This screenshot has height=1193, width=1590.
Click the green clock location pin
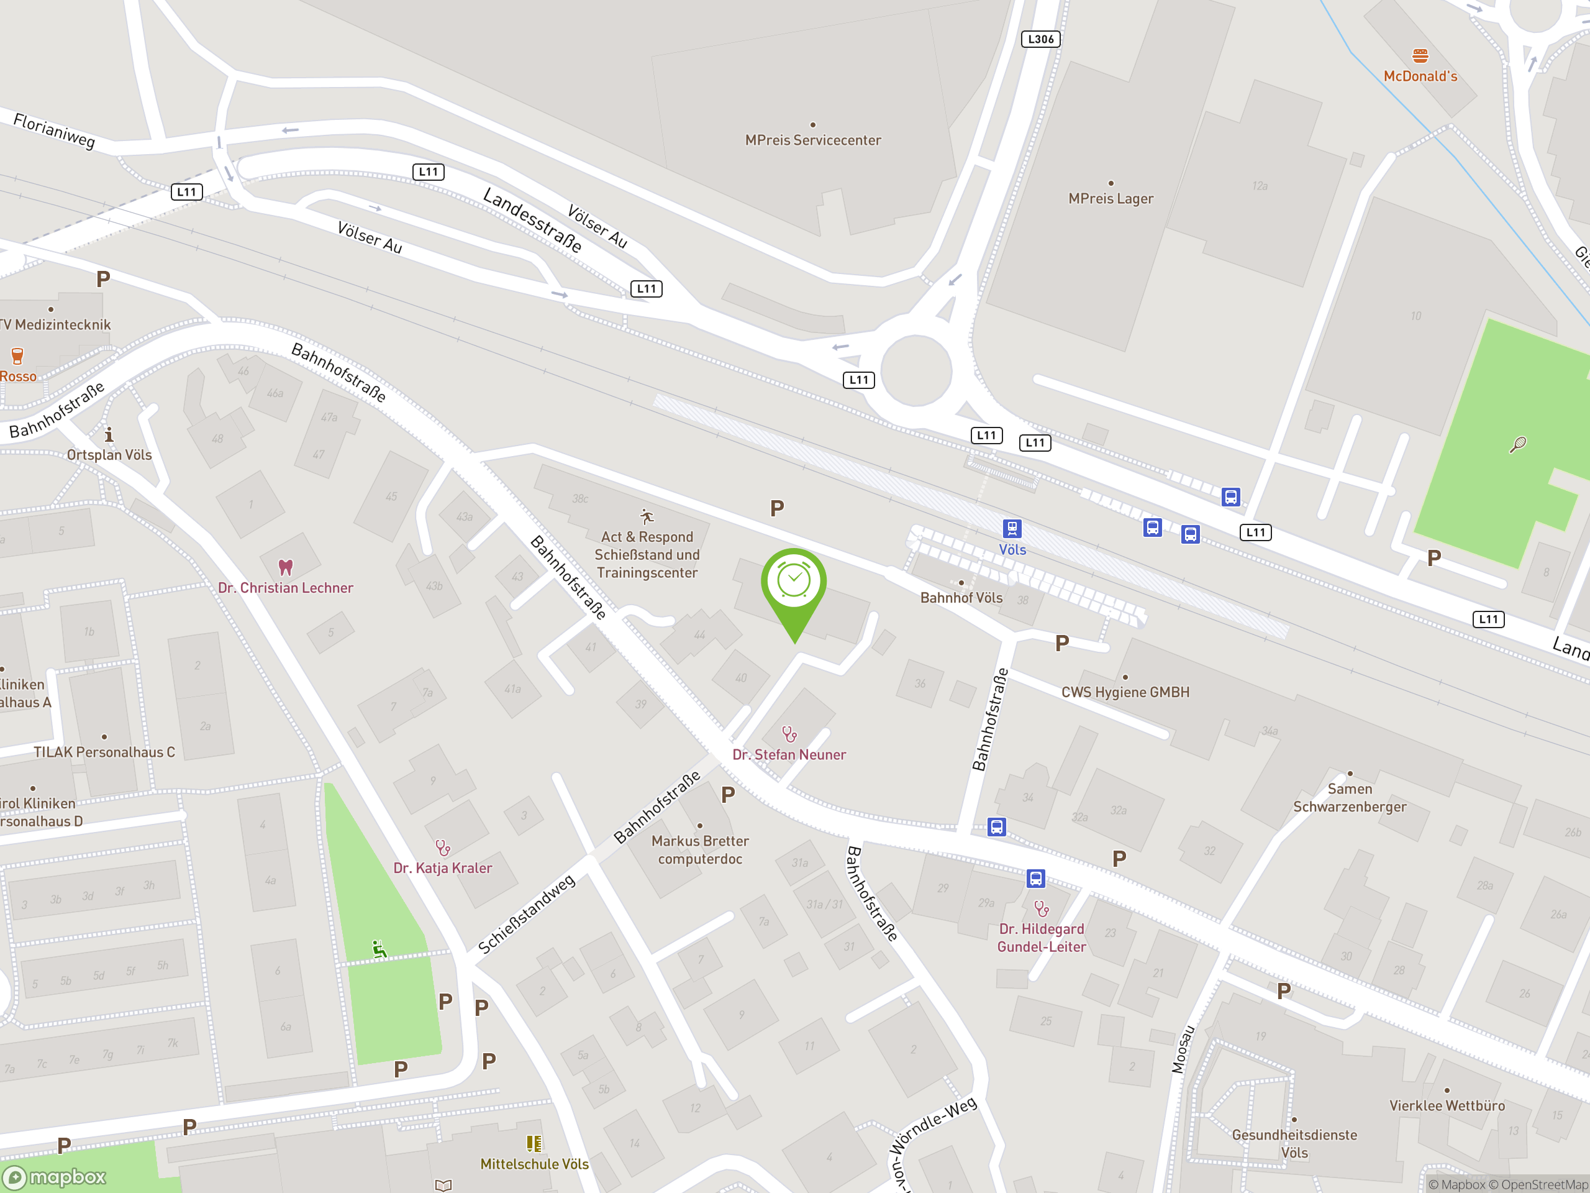[x=794, y=582]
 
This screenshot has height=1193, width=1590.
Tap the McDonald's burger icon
[x=1420, y=56]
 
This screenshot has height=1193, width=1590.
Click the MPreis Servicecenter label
[x=812, y=140]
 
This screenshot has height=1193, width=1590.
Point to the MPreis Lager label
[x=1110, y=198]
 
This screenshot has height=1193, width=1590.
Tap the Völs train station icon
[x=1011, y=529]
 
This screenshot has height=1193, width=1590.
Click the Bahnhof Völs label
[x=961, y=598]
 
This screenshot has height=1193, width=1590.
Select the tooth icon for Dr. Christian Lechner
[x=285, y=567]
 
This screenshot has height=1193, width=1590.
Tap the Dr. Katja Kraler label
[x=442, y=868]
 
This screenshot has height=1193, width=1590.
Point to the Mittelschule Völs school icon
[x=534, y=1143]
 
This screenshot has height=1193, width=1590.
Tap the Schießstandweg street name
[x=526, y=914]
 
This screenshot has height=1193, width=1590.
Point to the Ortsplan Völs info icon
[x=109, y=435]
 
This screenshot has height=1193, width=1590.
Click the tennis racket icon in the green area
[x=1517, y=445]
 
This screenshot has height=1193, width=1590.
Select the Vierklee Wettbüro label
[x=1447, y=1106]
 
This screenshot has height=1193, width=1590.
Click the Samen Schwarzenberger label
[x=1349, y=797]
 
